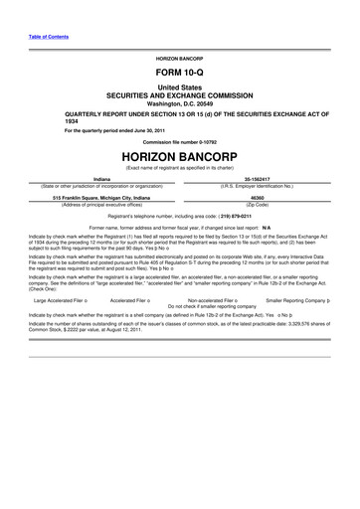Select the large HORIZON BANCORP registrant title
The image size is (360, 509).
(180, 159)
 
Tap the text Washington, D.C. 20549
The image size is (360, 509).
(180, 103)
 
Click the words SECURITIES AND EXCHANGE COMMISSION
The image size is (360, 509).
(180, 94)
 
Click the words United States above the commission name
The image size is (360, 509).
(180, 86)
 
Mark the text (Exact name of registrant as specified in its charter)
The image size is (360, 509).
(180, 171)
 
